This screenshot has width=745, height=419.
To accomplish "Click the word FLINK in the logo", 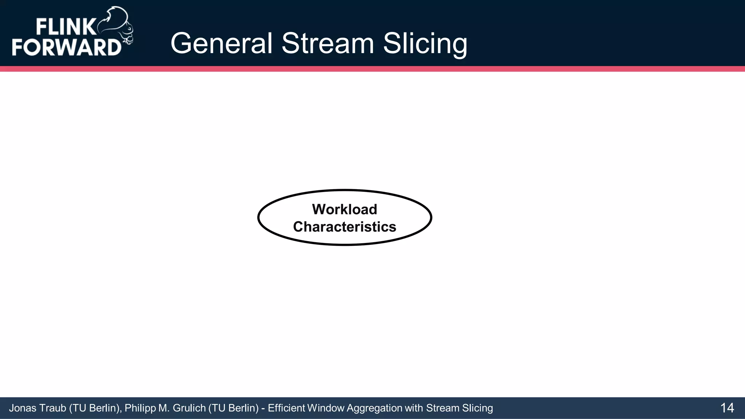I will (x=66, y=27).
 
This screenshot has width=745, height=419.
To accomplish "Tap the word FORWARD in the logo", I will (x=67, y=47).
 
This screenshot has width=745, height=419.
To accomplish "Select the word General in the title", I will (x=221, y=44).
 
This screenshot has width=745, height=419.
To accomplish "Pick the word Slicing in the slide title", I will (x=425, y=44).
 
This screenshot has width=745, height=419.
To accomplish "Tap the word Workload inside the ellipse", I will (x=344, y=209).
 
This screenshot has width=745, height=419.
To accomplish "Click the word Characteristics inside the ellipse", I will (x=344, y=227).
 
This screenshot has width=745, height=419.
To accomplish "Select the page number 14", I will (x=727, y=408).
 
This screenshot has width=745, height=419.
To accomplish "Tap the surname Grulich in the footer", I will (x=189, y=408).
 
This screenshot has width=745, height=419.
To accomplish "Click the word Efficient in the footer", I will (x=286, y=408).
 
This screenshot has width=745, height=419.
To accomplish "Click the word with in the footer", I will (x=414, y=408).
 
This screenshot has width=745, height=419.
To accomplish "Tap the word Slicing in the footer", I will (x=477, y=408).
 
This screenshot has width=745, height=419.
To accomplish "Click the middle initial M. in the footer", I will (x=164, y=408).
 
